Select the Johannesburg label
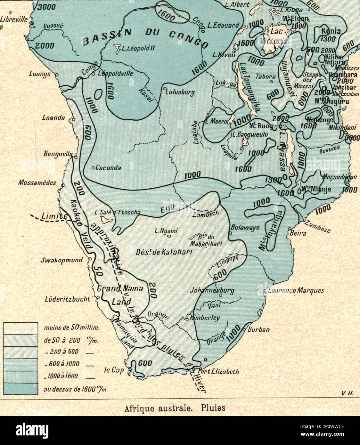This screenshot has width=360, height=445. pyautogui.click(x=212, y=291)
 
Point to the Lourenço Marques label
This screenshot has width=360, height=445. pyautogui.click(x=296, y=291)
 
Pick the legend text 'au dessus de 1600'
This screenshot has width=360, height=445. pyautogui.click(x=76, y=389)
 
